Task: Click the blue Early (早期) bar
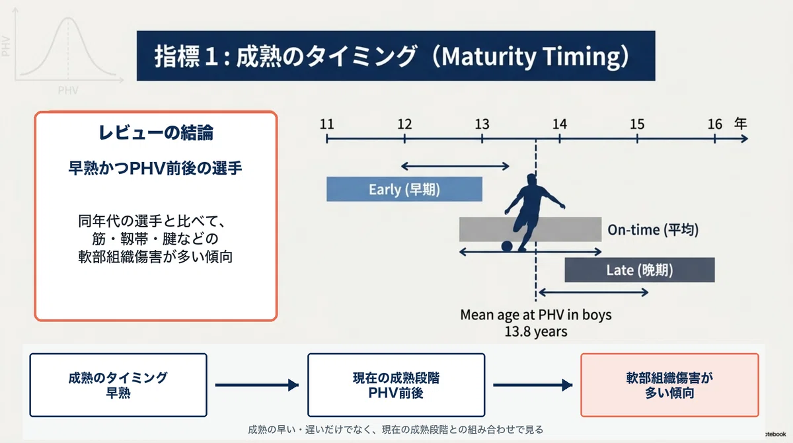[404, 189]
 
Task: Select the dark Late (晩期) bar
[640, 270]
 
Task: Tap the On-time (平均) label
[653, 230]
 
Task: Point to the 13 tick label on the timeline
[482, 124]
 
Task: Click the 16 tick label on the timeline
[715, 124]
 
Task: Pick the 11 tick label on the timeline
[326, 124]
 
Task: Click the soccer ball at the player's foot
[507, 246]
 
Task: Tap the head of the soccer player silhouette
[531, 181]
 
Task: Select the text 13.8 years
[536, 331]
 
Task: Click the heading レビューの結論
[156, 133]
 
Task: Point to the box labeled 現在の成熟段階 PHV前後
[396, 385]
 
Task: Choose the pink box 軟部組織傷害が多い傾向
[669, 385]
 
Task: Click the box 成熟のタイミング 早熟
[118, 385]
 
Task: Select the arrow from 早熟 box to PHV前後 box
[257, 385]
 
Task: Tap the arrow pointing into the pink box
[533, 385]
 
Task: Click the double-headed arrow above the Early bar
[455, 166]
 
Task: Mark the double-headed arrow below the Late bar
[593, 292]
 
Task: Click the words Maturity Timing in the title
[531, 57]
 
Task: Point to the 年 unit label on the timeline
[740, 124]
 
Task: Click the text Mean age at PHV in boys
[536, 315]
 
